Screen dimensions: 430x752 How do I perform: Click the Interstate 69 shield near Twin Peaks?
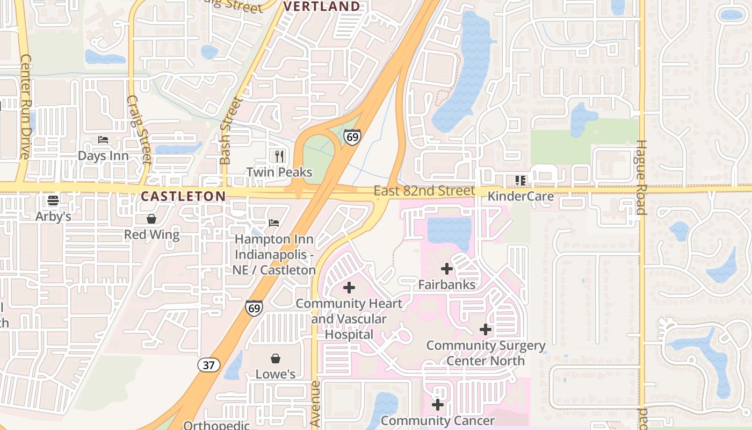point(352,137)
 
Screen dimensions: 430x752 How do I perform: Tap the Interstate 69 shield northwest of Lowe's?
point(254,307)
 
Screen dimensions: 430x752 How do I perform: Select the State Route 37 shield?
point(209,365)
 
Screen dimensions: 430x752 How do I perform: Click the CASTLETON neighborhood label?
point(183,196)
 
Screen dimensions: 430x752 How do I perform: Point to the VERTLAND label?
point(321,6)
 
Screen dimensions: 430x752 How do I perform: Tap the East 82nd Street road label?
point(424,191)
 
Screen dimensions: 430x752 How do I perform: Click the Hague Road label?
point(641,177)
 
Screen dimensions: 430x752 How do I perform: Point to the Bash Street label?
point(225,130)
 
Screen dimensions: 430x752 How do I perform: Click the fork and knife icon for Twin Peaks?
point(279,156)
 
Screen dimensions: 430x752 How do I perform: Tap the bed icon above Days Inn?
point(103,140)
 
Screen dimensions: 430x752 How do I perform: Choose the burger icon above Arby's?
point(53,201)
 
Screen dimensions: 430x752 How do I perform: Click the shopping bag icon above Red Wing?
point(151,219)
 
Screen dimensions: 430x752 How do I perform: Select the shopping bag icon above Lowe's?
point(276,359)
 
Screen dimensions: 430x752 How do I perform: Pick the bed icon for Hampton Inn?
point(274,223)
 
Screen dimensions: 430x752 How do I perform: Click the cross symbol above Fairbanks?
point(446,269)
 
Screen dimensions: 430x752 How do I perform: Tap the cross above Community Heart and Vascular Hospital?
point(349,288)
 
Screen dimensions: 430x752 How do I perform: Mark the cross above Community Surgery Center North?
point(486,329)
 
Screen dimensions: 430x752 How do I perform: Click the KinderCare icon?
point(520,181)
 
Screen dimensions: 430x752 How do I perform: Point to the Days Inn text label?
point(103,156)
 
